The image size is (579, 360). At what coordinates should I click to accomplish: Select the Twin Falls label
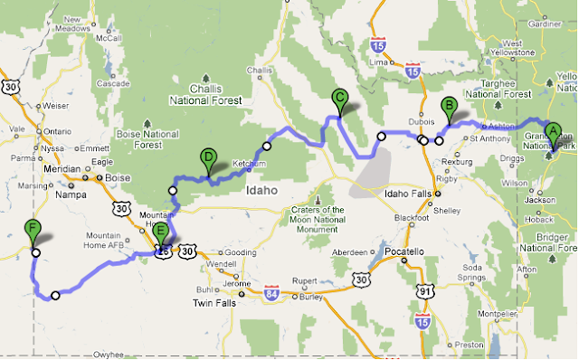(214, 304)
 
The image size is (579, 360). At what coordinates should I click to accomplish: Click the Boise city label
(119, 178)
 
